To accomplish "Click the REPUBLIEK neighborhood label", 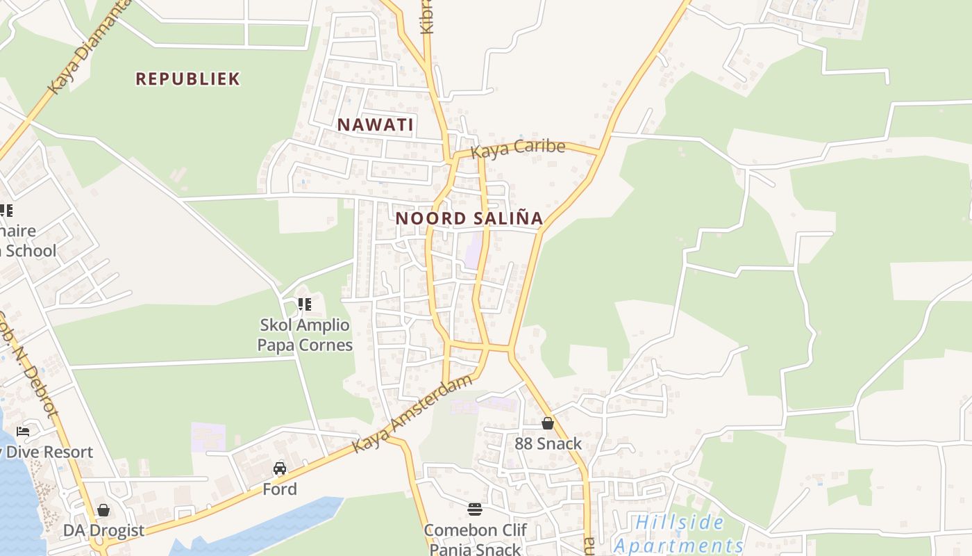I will [x=187, y=79].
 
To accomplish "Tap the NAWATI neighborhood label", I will [x=375, y=125].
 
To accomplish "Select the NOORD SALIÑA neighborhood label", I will [x=469, y=218].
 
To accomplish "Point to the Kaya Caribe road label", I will [x=517, y=148].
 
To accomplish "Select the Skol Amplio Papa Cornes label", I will [x=305, y=334].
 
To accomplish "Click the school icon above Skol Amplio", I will [x=304, y=304].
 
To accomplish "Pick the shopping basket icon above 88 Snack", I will [x=548, y=423].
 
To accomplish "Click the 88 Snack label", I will [x=548, y=443].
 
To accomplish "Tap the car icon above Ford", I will [x=280, y=468].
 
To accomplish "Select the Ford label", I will [x=280, y=489].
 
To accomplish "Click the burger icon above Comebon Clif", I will [x=475, y=509].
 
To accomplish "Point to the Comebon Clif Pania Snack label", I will [x=476, y=539].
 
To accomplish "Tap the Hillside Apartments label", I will [x=679, y=534].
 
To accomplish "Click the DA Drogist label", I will [x=103, y=530].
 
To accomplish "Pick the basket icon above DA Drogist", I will [x=103, y=511].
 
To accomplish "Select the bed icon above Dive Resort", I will [x=23, y=432].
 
